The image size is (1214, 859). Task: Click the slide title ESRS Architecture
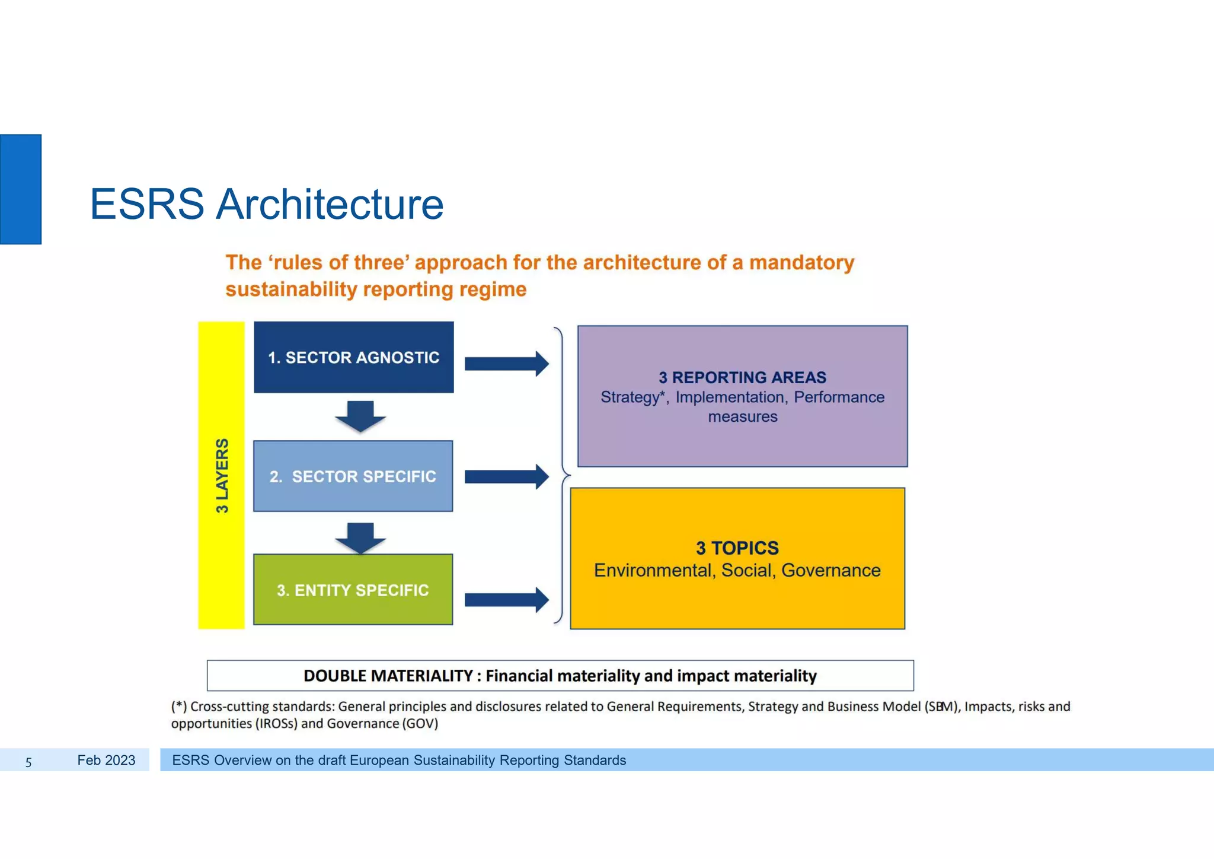(x=266, y=204)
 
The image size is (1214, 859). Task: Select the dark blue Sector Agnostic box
(x=354, y=357)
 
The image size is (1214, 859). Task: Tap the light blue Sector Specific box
(x=353, y=476)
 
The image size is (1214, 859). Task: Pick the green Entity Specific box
(x=353, y=590)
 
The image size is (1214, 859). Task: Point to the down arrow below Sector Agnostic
(x=360, y=416)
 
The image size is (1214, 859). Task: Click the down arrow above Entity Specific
(x=360, y=537)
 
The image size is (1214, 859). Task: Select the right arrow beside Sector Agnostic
(x=506, y=364)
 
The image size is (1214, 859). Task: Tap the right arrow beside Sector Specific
(x=506, y=476)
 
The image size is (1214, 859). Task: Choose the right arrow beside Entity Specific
(x=506, y=600)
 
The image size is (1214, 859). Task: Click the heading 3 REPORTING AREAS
(x=742, y=377)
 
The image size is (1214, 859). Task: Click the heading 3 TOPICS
(x=737, y=548)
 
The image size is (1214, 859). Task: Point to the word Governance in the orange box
(x=830, y=570)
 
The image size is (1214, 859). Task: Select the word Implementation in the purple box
(x=729, y=397)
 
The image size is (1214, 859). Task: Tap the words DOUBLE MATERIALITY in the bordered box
(x=388, y=676)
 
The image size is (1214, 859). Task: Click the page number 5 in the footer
(x=28, y=762)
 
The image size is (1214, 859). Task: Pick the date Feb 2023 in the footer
(x=106, y=761)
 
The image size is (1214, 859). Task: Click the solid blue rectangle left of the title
(x=21, y=189)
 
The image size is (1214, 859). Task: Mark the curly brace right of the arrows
(x=561, y=475)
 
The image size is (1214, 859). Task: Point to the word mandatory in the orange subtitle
(x=801, y=262)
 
